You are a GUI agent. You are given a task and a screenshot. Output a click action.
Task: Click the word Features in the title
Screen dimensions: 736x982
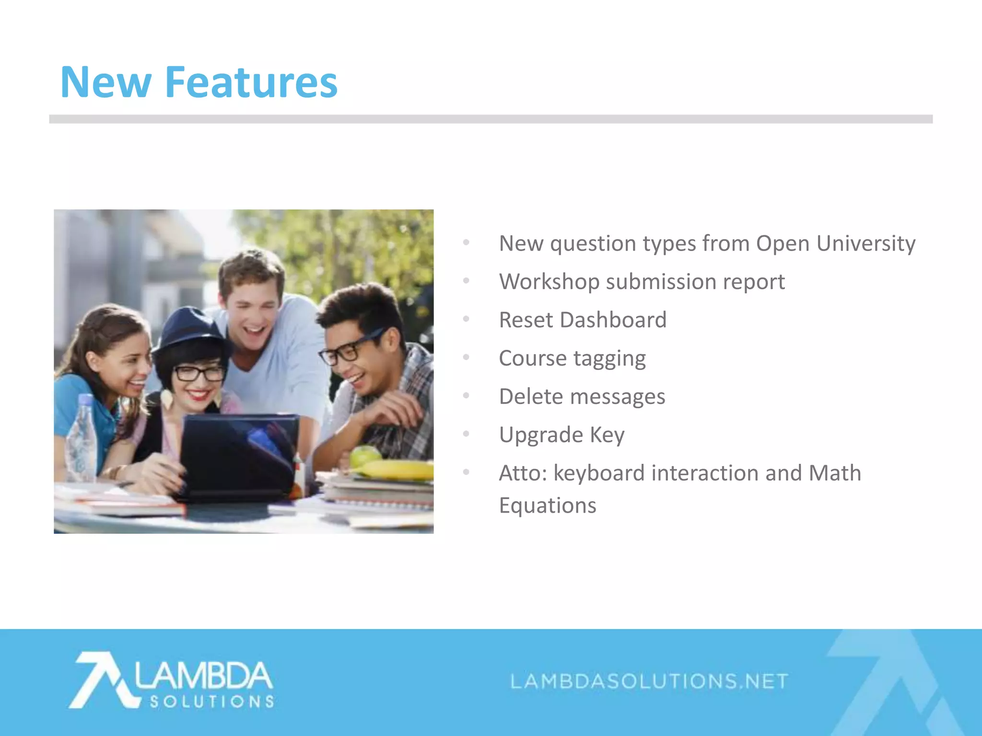[251, 82]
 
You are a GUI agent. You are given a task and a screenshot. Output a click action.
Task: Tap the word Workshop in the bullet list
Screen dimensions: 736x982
[549, 282]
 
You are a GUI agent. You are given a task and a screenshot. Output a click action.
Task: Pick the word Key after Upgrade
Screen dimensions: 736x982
[607, 436]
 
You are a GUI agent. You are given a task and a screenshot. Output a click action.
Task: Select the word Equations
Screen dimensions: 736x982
[548, 506]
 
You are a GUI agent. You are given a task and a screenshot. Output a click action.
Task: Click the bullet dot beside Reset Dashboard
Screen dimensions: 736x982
[466, 319]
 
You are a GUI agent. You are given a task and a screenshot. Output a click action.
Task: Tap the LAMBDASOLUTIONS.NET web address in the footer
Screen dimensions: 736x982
[649, 681]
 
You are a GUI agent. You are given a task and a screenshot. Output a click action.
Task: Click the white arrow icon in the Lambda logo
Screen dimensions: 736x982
[103, 679]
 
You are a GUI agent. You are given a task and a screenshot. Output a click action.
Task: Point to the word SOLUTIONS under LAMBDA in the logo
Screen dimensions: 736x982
[212, 702]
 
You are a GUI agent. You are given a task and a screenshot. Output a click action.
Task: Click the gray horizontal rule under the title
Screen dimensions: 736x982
[491, 119]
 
